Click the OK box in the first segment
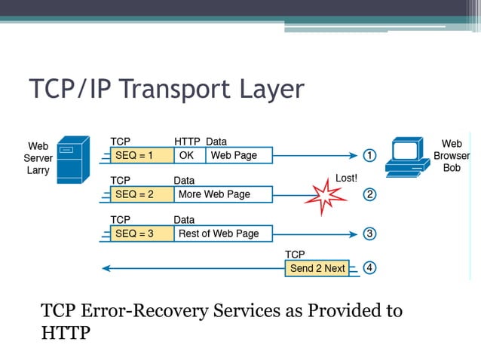(x=189, y=156)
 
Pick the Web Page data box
(x=238, y=156)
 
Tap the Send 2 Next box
(x=317, y=268)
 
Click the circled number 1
(x=369, y=156)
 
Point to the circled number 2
(x=369, y=195)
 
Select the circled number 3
(x=369, y=233)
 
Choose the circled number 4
(x=369, y=268)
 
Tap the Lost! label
(x=346, y=178)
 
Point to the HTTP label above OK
(x=187, y=142)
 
